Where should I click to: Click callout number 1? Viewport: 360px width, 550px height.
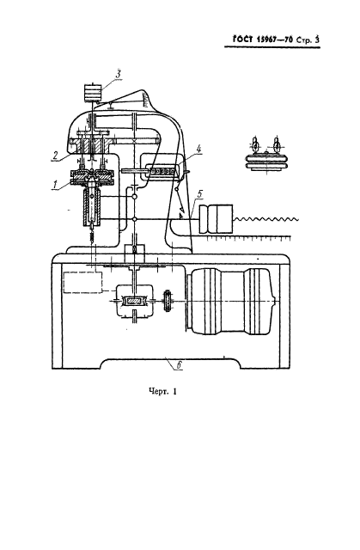[55, 185]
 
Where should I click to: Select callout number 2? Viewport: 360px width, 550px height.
[54, 156]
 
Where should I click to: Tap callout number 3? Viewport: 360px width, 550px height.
[118, 74]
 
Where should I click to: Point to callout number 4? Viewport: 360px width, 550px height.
[198, 149]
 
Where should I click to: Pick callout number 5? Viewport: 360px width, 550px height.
[200, 193]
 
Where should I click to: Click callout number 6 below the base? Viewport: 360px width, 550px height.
[179, 364]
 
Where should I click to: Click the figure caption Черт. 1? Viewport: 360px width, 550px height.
[162, 392]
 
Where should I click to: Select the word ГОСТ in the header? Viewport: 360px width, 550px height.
[242, 40]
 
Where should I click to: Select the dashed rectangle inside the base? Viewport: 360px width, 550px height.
[83, 282]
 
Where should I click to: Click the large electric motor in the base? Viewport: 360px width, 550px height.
[230, 302]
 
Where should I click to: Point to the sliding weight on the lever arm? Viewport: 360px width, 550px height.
[216, 219]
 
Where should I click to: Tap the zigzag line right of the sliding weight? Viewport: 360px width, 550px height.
[266, 219]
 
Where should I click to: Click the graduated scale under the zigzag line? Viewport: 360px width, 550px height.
[249, 239]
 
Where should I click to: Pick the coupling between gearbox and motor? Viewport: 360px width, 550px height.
[168, 301]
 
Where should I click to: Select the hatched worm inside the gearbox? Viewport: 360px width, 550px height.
[134, 302]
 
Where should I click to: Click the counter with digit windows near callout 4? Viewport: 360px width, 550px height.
[162, 170]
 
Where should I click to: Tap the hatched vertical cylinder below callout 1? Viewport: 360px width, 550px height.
[92, 207]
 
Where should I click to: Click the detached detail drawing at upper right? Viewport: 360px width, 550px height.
[266, 154]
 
